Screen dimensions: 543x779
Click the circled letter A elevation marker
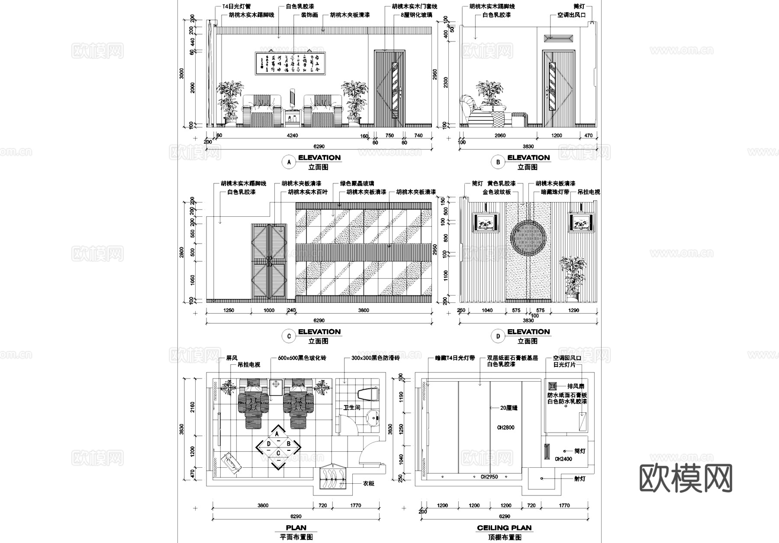(288, 162)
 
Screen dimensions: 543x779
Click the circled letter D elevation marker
(498, 336)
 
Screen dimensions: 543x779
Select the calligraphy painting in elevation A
(290, 64)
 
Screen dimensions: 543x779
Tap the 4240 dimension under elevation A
(293, 135)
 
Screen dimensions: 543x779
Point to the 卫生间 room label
(351, 408)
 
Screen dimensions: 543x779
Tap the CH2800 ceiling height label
(505, 427)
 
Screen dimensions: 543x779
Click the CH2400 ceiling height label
(563, 459)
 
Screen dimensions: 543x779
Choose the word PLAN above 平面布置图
(296, 527)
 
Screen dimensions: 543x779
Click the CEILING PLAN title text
(504, 527)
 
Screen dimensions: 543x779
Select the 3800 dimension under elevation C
(364, 310)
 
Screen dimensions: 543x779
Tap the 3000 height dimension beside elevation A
(182, 74)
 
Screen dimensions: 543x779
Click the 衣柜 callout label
(368, 483)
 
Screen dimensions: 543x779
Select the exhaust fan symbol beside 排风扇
(553, 386)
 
